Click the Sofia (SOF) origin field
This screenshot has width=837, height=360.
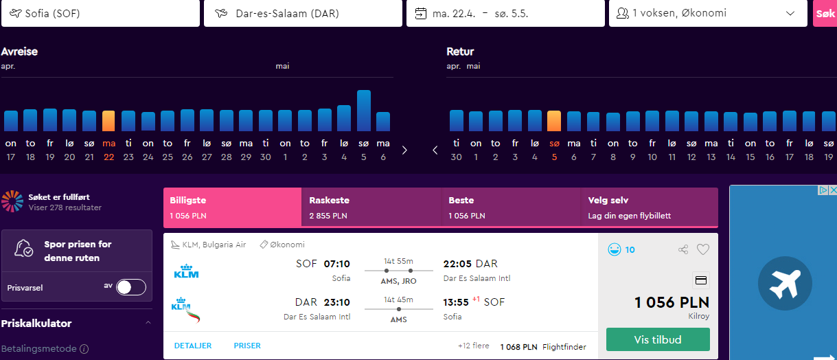100,14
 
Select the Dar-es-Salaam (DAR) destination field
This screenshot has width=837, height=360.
303,14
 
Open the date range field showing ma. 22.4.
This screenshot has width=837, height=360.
505,14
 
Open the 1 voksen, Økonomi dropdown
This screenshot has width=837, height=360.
708,14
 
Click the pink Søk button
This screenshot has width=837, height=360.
825,14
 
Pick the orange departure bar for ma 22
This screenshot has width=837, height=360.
108,121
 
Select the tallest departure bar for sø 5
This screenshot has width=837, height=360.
364,111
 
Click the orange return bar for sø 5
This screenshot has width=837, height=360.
554,121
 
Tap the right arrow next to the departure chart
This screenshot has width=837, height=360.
404,150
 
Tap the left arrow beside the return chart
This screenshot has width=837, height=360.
435,150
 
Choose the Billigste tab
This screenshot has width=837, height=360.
232,207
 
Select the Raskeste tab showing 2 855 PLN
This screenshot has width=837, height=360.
371,207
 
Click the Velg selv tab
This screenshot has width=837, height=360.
650,207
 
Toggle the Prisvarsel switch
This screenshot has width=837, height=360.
130,287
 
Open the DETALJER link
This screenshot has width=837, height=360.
193,346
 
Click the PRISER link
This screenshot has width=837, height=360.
247,346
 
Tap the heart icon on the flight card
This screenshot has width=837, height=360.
703,249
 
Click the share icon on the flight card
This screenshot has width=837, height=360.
683,249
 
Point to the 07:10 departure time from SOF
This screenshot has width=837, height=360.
336,264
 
